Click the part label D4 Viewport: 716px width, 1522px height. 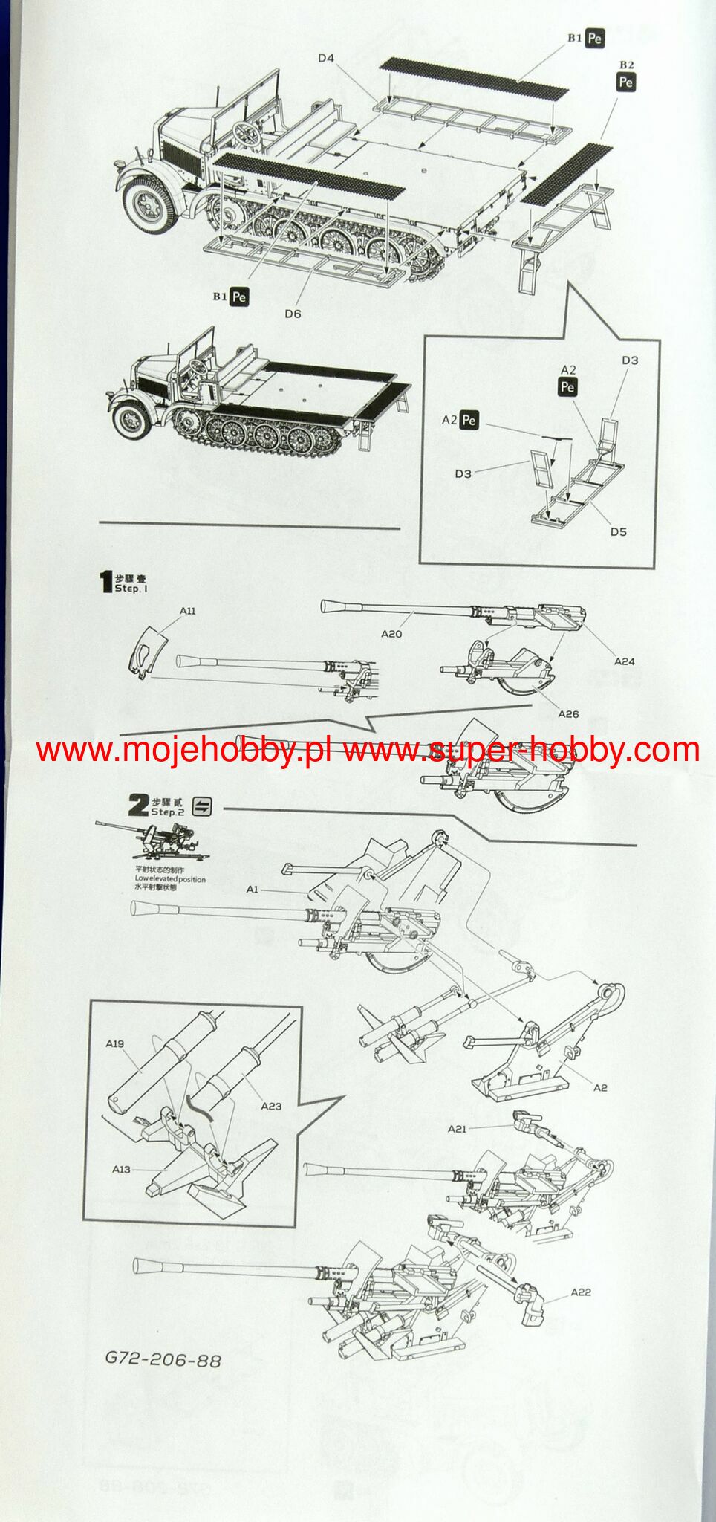[x=326, y=58]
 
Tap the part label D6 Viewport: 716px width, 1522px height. [x=293, y=314]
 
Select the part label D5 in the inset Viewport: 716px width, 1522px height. [x=618, y=531]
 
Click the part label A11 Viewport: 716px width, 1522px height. [x=187, y=610]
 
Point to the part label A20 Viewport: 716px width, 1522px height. [x=391, y=634]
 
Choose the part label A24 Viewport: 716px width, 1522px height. [x=624, y=661]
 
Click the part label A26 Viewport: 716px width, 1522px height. [x=568, y=714]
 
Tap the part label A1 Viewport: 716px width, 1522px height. [x=253, y=889]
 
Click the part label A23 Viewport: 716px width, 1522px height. [x=271, y=1105]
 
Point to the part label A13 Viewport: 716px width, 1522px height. [x=122, y=1169]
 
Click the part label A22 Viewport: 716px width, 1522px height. [x=581, y=1292]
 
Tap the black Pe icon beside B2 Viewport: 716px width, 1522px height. [x=626, y=82]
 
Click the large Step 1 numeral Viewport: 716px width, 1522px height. [x=106, y=581]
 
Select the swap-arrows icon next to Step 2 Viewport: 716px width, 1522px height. [x=201, y=806]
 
